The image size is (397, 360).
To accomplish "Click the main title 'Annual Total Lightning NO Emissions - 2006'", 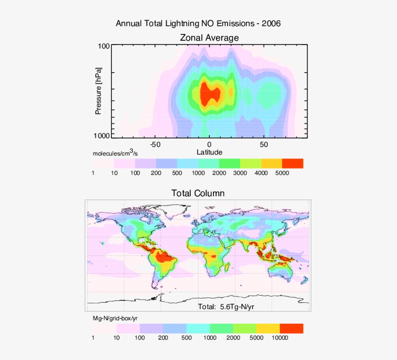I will [x=198, y=23].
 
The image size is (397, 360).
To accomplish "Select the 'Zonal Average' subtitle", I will [x=209, y=37].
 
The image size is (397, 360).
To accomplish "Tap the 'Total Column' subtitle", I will [x=198, y=193].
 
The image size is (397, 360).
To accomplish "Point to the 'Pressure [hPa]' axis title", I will [x=98, y=91].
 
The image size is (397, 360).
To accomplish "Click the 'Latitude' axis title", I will [x=209, y=152].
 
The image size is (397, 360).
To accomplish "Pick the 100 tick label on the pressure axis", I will [x=104, y=47].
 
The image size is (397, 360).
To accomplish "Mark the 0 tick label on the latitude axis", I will [x=209, y=144].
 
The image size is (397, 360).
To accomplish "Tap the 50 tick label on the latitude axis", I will [x=264, y=144].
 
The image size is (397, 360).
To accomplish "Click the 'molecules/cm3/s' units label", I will [x=115, y=153].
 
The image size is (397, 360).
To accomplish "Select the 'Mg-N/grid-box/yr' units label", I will [x=118, y=318].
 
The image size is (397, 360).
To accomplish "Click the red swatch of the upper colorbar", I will [x=292, y=163].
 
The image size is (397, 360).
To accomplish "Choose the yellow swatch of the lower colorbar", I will [x=268, y=329].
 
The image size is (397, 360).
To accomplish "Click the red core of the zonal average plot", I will [x=210, y=94].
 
